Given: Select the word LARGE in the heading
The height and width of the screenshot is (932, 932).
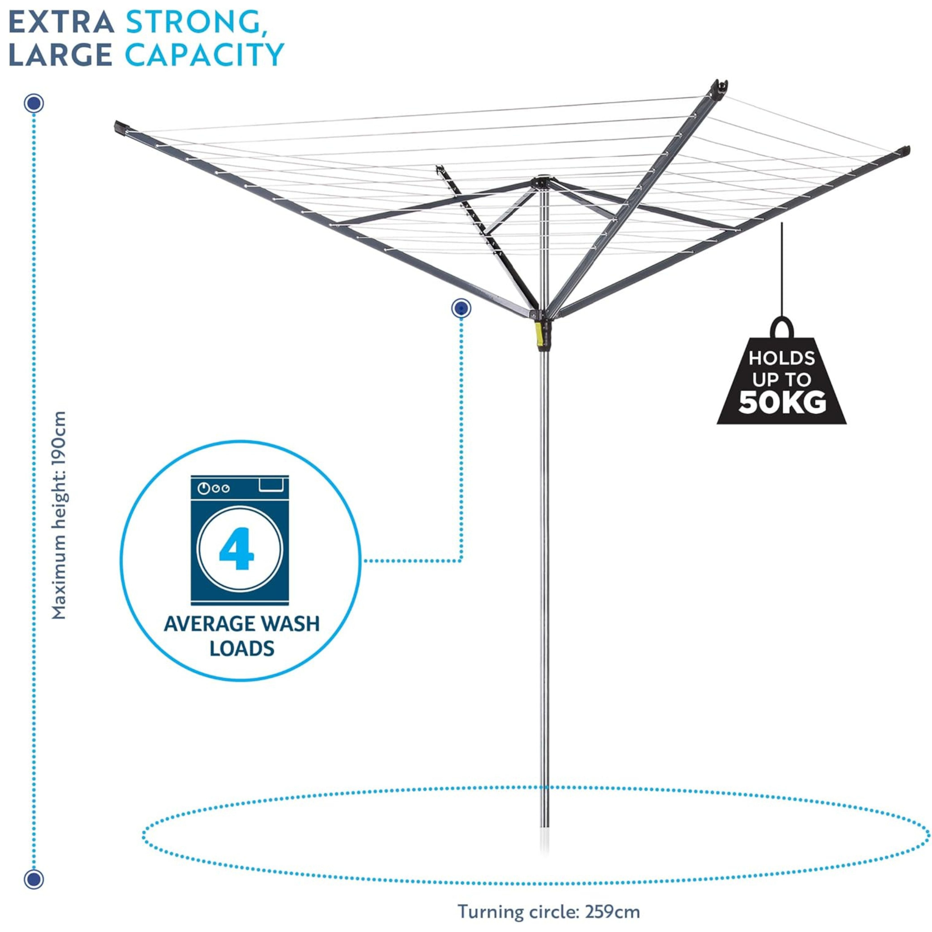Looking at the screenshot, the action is pyautogui.click(x=60, y=54).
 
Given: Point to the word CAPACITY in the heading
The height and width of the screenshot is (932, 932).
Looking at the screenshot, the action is pyautogui.click(x=205, y=54).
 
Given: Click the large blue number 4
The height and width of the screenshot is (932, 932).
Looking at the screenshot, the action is pyautogui.click(x=236, y=548).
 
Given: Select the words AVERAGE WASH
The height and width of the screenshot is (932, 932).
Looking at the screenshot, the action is pyautogui.click(x=242, y=624).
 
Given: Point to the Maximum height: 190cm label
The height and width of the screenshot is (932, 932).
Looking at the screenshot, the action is pyautogui.click(x=58, y=515).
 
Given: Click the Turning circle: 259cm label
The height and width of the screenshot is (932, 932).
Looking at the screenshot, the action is pyautogui.click(x=548, y=912).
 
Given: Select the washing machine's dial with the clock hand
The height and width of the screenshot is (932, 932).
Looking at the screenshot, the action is pyautogui.click(x=203, y=489).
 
